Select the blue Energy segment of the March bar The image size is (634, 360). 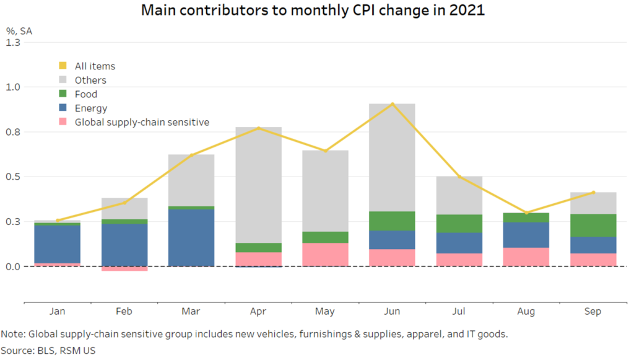pyautogui.click(x=192, y=237)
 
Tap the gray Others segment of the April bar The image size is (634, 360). pyautogui.click(x=259, y=185)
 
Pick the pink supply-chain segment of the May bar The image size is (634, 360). pyautogui.click(x=326, y=254)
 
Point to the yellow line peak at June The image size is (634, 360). pyautogui.click(x=393, y=104)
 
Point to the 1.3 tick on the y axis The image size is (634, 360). pyautogui.click(x=13, y=42)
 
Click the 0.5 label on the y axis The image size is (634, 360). pyautogui.click(x=13, y=177)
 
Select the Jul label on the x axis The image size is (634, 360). pyautogui.click(x=459, y=312)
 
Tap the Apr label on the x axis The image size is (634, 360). pyautogui.click(x=259, y=312)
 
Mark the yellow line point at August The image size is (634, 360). pyautogui.click(x=527, y=213)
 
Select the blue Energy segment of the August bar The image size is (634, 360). pyautogui.click(x=527, y=234)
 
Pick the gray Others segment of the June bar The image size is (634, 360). pyautogui.click(x=393, y=157)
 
